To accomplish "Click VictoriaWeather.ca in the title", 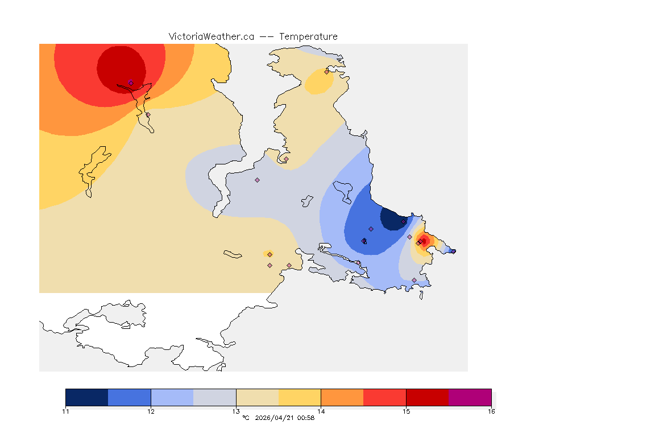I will click(x=211, y=36).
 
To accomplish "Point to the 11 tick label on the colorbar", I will click(x=65, y=411).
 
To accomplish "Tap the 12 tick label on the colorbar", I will click(x=151, y=411).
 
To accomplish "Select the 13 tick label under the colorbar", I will click(x=236, y=411).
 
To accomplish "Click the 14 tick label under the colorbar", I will click(x=321, y=411).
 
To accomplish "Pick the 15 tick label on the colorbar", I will click(x=406, y=411).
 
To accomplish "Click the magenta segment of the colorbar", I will click(x=470, y=397).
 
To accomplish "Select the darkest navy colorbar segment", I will click(x=86, y=397).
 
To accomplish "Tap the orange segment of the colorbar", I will click(x=342, y=397).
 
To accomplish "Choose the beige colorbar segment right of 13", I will click(x=257, y=397).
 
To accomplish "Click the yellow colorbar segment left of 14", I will click(x=300, y=397).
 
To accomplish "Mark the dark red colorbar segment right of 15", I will click(x=427, y=397).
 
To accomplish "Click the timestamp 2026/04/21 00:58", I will click(x=285, y=418).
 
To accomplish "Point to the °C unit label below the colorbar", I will click(x=246, y=418).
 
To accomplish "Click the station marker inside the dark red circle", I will click(x=131, y=83).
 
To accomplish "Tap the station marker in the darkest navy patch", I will click(x=404, y=221).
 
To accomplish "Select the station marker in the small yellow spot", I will click(x=270, y=254).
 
